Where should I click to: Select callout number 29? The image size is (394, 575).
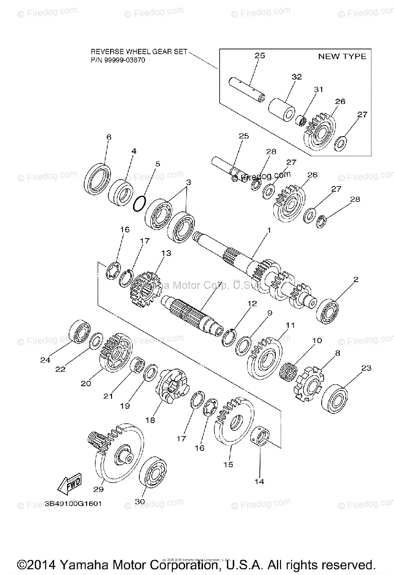point(98,489)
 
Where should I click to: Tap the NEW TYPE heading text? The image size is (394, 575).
point(342,57)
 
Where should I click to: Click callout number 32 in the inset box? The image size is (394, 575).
point(296,77)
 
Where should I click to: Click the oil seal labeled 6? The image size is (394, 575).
point(98,179)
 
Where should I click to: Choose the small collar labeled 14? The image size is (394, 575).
point(260,438)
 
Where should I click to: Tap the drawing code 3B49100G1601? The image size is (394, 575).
point(73,504)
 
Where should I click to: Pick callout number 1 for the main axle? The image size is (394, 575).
point(269,230)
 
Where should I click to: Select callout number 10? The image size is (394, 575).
point(317,341)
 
